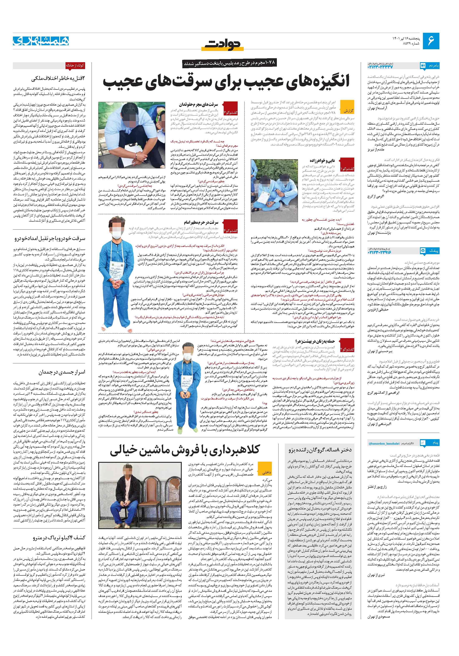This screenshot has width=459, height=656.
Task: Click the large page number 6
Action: point(431,41)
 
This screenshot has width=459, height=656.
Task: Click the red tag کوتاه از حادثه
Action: point(75,65)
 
